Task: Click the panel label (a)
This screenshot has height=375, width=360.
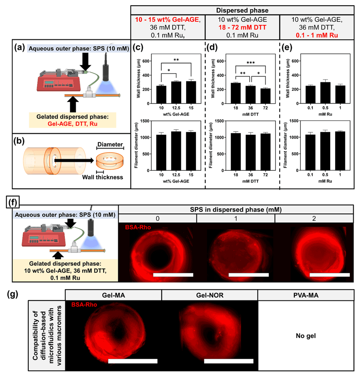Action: click(x=20, y=48)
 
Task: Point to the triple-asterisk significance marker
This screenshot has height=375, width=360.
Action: click(x=251, y=63)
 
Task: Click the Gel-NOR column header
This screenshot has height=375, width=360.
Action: click(x=209, y=295)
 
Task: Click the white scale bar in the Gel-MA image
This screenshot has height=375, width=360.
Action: click(x=132, y=361)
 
